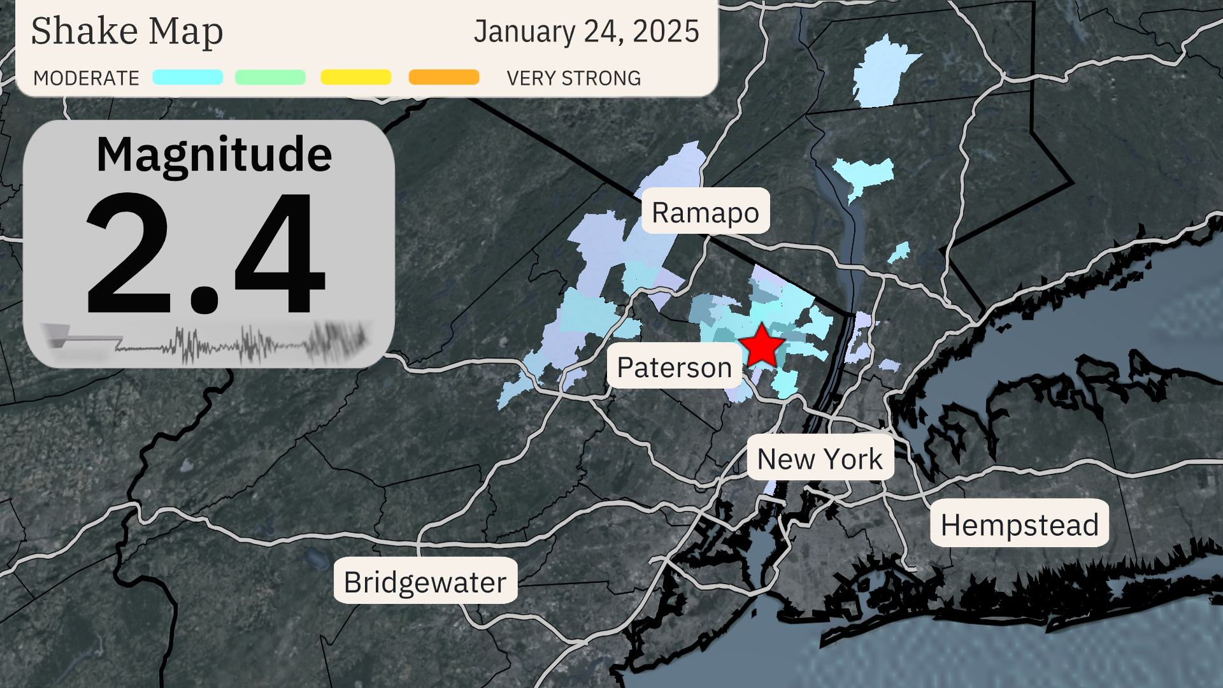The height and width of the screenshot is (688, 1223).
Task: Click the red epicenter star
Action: click(x=761, y=346)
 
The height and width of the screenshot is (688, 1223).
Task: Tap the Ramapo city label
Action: click(x=705, y=211)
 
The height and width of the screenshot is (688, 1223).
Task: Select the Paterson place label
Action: click(x=674, y=366)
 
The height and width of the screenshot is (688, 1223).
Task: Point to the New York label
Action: click(x=820, y=458)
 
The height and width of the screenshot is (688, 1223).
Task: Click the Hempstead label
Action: click(x=1019, y=524)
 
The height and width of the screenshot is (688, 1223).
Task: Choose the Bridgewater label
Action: click(x=425, y=581)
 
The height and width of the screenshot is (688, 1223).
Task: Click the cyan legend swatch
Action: click(x=187, y=77)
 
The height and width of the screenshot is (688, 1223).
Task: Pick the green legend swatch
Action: click(x=270, y=77)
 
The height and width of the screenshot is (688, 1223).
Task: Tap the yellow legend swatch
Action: click(x=355, y=77)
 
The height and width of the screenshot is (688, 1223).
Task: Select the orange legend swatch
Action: click(x=444, y=77)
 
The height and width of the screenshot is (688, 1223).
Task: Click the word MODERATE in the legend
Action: click(x=86, y=78)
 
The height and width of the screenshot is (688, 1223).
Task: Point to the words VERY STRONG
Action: click(x=573, y=78)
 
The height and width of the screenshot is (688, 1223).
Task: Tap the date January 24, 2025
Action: click(x=586, y=31)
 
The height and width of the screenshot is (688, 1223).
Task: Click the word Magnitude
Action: click(x=214, y=154)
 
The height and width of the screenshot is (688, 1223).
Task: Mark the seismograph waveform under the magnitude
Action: click(x=210, y=344)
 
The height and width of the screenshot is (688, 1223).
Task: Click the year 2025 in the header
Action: click(x=666, y=31)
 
